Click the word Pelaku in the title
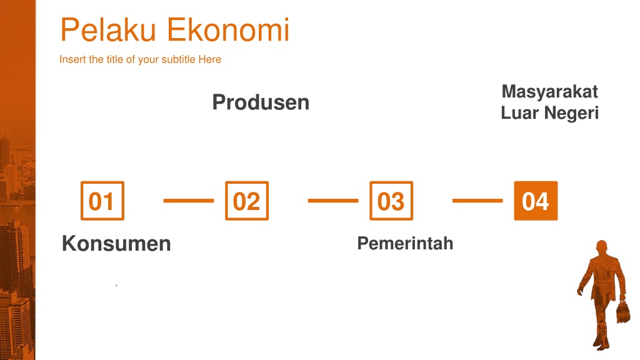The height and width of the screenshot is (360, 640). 108,30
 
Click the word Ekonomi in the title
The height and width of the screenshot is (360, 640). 229,30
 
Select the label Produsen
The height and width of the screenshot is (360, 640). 261,102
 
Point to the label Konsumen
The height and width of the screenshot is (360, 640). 116,244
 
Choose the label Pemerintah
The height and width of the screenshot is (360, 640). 405,243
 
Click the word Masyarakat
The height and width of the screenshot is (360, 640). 550,92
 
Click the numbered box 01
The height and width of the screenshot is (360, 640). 102,201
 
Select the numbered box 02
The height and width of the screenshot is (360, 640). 247,201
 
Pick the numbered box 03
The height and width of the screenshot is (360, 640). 391,201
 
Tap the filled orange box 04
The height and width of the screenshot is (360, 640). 536,201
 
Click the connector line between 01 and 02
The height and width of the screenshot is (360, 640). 189,201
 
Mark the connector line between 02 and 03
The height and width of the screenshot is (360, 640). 333,201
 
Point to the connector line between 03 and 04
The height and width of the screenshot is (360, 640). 477,201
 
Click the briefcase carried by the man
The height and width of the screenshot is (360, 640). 623,312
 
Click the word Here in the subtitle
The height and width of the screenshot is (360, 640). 210,59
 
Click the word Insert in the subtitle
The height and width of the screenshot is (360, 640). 72,59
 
